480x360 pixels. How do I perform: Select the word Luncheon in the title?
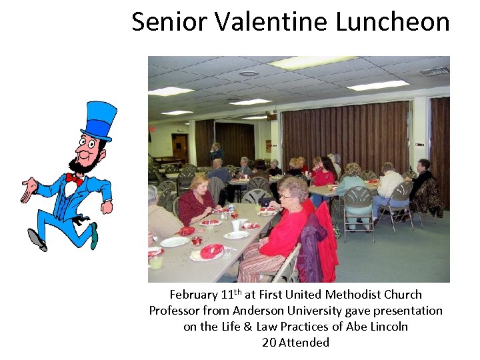[x=393, y=21]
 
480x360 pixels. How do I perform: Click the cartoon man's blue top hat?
[x=99, y=120]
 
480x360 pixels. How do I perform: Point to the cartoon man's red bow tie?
[x=74, y=179]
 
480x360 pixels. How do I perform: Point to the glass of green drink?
[x=156, y=261]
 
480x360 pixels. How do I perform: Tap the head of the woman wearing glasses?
[x=293, y=189]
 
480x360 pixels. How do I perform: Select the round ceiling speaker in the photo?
[x=249, y=73]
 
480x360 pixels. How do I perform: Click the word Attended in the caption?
[x=304, y=343]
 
